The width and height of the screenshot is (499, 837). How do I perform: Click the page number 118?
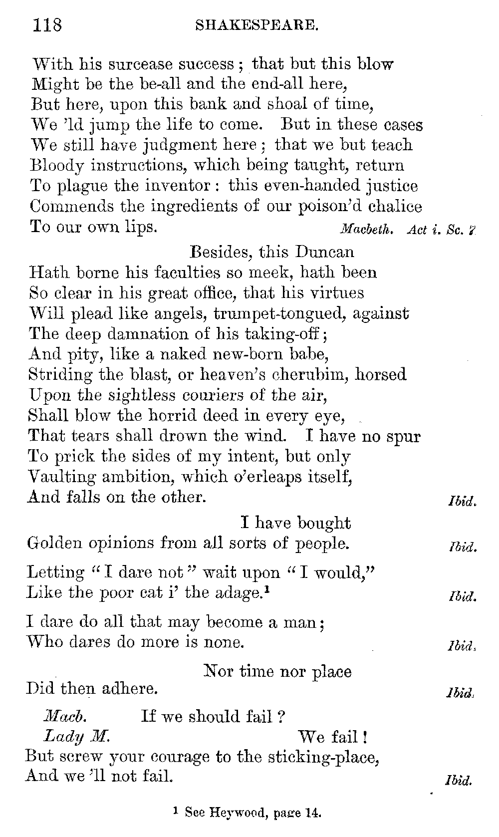pos(47,23)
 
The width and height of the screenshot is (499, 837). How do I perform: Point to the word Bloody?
pos(56,166)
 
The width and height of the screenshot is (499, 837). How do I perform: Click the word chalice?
pos(394,206)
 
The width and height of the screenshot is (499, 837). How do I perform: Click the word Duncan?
pos(324,252)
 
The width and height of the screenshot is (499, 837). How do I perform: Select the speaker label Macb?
pos(65,717)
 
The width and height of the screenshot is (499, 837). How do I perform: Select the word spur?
pos(404,437)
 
